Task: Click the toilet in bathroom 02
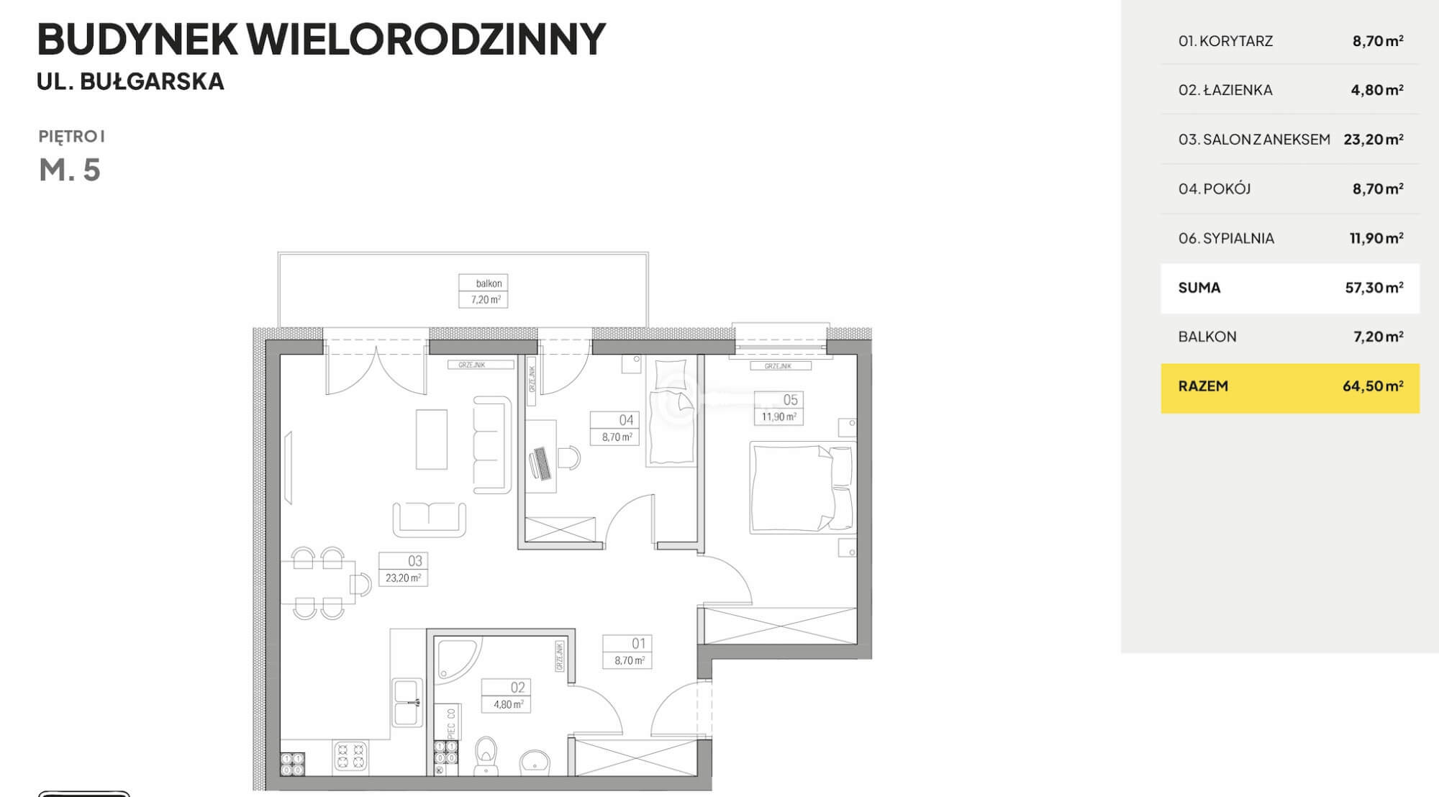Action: pyautogui.click(x=487, y=755)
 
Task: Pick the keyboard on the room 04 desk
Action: pyautogui.click(x=541, y=463)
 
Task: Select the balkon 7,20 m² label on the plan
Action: pyautogui.click(x=484, y=291)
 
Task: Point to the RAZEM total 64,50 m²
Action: pyautogui.click(x=1373, y=386)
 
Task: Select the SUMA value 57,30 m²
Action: pyautogui.click(x=1374, y=288)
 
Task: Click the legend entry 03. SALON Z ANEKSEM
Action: pyautogui.click(x=1254, y=140)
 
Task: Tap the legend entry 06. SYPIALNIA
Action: pyautogui.click(x=1226, y=238)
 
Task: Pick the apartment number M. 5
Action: pyautogui.click(x=70, y=170)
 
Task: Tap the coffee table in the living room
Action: pyautogui.click(x=432, y=440)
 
